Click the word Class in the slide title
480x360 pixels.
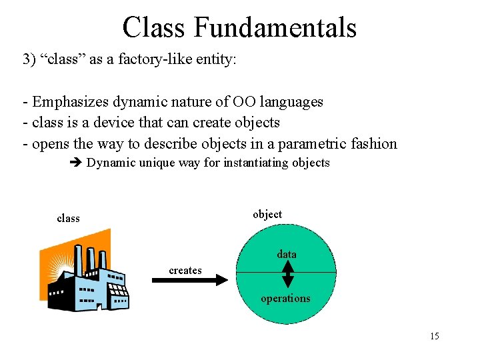pyautogui.click(x=155, y=27)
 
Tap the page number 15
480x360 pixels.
pyautogui.click(x=434, y=336)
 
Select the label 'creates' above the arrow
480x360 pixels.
pyautogui.click(x=185, y=270)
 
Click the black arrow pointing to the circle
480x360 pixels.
pyautogui.click(x=190, y=281)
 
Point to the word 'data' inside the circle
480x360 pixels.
pyautogui.click(x=287, y=254)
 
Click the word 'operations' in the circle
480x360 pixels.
pyautogui.click(x=285, y=298)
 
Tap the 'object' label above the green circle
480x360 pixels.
pyautogui.click(x=267, y=214)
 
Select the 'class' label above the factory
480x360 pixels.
pyautogui.click(x=68, y=218)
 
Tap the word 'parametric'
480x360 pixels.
pyautogui.click(x=315, y=143)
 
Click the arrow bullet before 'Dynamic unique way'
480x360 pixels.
pyautogui.click(x=75, y=163)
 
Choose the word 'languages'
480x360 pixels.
pyautogui.click(x=290, y=102)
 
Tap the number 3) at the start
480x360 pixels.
pyautogui.click(x=29, y=59)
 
